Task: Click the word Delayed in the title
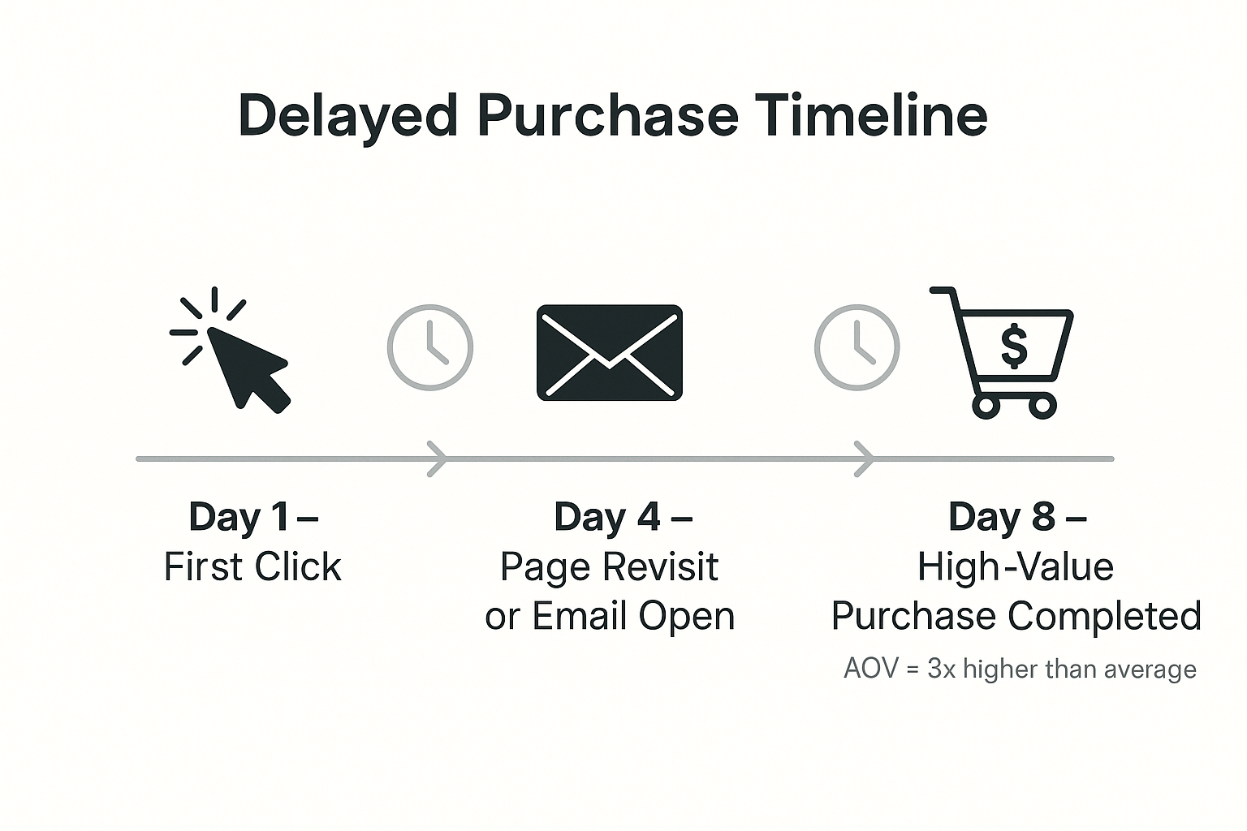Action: click(347, 115)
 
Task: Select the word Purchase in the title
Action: click(607, 115)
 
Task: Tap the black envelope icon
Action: click(609, 352)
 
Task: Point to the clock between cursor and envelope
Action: click(429, 347)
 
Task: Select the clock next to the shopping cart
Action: click(857, 347)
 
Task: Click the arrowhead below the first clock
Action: click(438, 459)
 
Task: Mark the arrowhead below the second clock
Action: click(865, 459)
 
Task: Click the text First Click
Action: click(252, 567)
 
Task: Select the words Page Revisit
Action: click(609, 567)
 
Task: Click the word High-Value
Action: click(1015, 567)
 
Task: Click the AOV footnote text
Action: click(1020, 670)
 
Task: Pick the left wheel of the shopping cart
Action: click(986, 405)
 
